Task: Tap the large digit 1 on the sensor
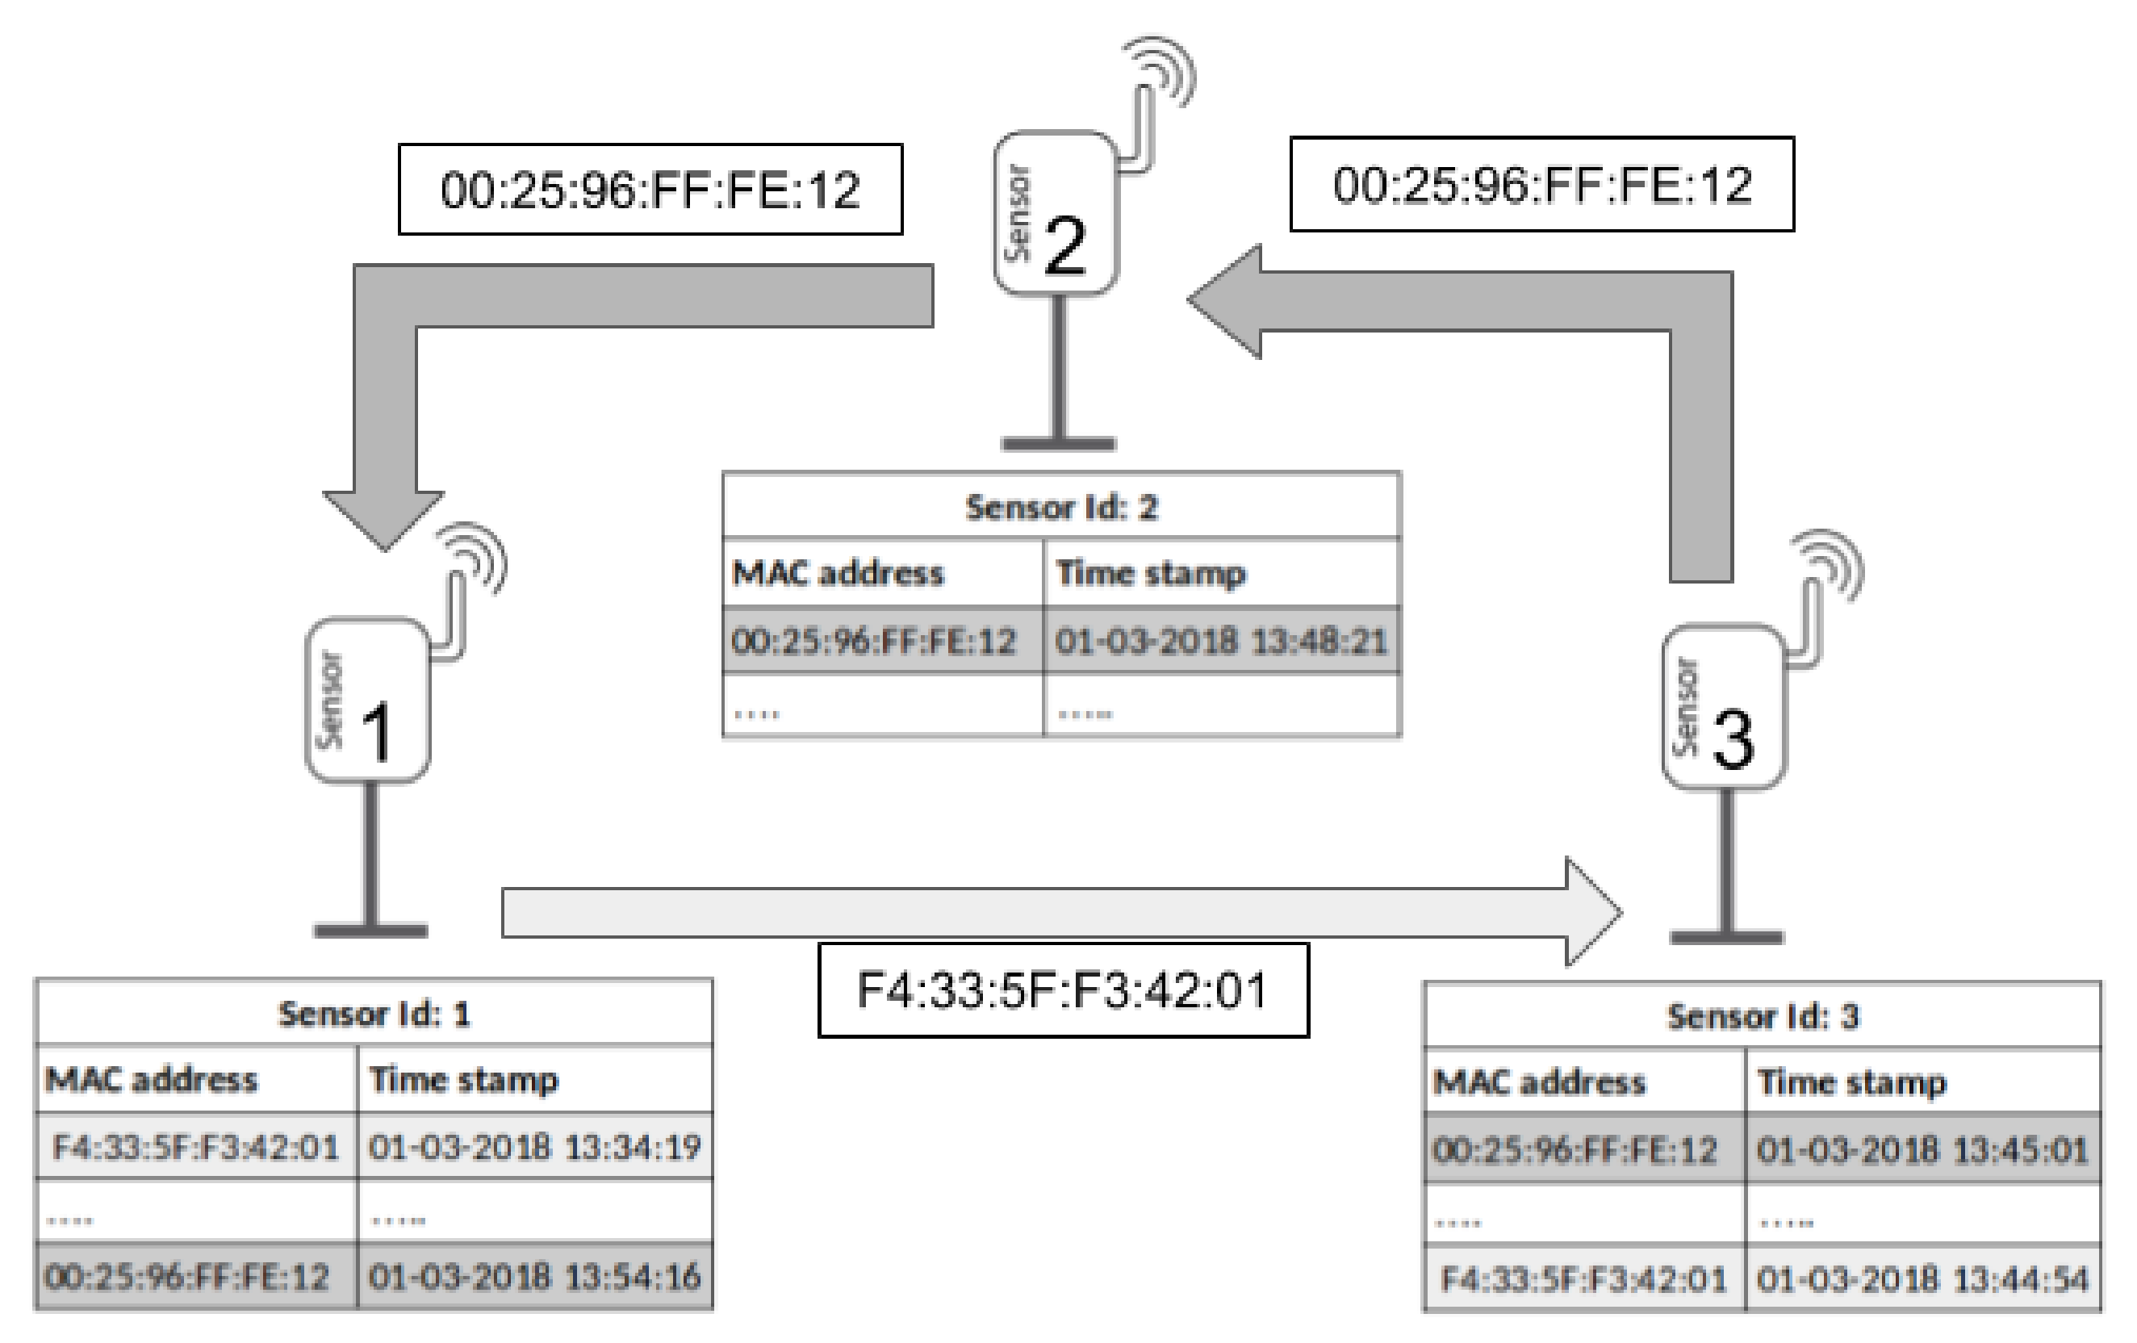click(x=378, y=733)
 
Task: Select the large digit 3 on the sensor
click(x=1733, y=739)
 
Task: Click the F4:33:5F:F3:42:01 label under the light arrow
click(x=1062, y=990)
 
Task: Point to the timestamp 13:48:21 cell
click(x=1220, y=640)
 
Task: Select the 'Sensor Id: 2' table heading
click(x=1061, y=507)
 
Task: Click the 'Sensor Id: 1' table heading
click(x=374, y=1014)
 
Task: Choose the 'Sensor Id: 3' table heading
click(x=1763, y=1016)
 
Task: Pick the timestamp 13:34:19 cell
click(x=534, y=1147)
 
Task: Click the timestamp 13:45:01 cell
click(x=1922, y=1149)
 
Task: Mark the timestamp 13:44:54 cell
click(x=1922, y=1279)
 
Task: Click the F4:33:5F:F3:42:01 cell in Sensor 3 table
click(x=1583, y=1279)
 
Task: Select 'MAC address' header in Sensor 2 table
click(x=838, y=573)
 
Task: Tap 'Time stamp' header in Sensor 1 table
click(x=463, y=1079)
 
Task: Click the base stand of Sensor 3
click(x=1726, y=936)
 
